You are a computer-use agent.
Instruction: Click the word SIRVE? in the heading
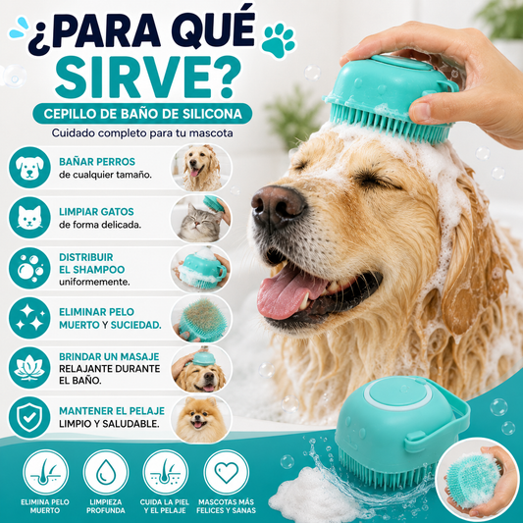tap(148, 78)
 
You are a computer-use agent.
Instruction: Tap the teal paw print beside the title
tap(279, 40)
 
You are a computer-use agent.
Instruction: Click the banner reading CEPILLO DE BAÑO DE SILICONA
tap(142, 114)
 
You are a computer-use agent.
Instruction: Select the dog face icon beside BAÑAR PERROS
tap(29, 168)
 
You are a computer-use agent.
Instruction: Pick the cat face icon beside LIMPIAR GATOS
tap(29, 218)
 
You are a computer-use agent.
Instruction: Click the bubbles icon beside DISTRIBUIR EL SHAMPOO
tap(29, 268)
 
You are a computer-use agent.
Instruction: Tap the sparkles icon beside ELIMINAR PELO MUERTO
tap(29, 318)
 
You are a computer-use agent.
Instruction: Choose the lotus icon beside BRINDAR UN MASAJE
tap(29, 368)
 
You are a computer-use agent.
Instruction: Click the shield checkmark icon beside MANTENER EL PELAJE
tap(29, 417)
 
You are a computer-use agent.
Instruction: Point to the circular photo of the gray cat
tap(201, 219)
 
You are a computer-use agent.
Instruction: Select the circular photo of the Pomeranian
tap(201, 419)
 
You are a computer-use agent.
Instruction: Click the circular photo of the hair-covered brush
tap(201, 319)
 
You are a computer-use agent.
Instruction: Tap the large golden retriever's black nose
tap(278, 205)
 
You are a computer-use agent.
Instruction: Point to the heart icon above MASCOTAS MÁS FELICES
tap(226, 472)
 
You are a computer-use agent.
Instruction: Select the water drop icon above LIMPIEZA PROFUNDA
tap(106, 472)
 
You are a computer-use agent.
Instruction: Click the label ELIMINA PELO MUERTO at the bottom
tap(45, 506)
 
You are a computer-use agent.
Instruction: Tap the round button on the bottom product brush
tap(397, 393)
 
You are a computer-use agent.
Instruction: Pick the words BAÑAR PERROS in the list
tap(97, 162)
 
